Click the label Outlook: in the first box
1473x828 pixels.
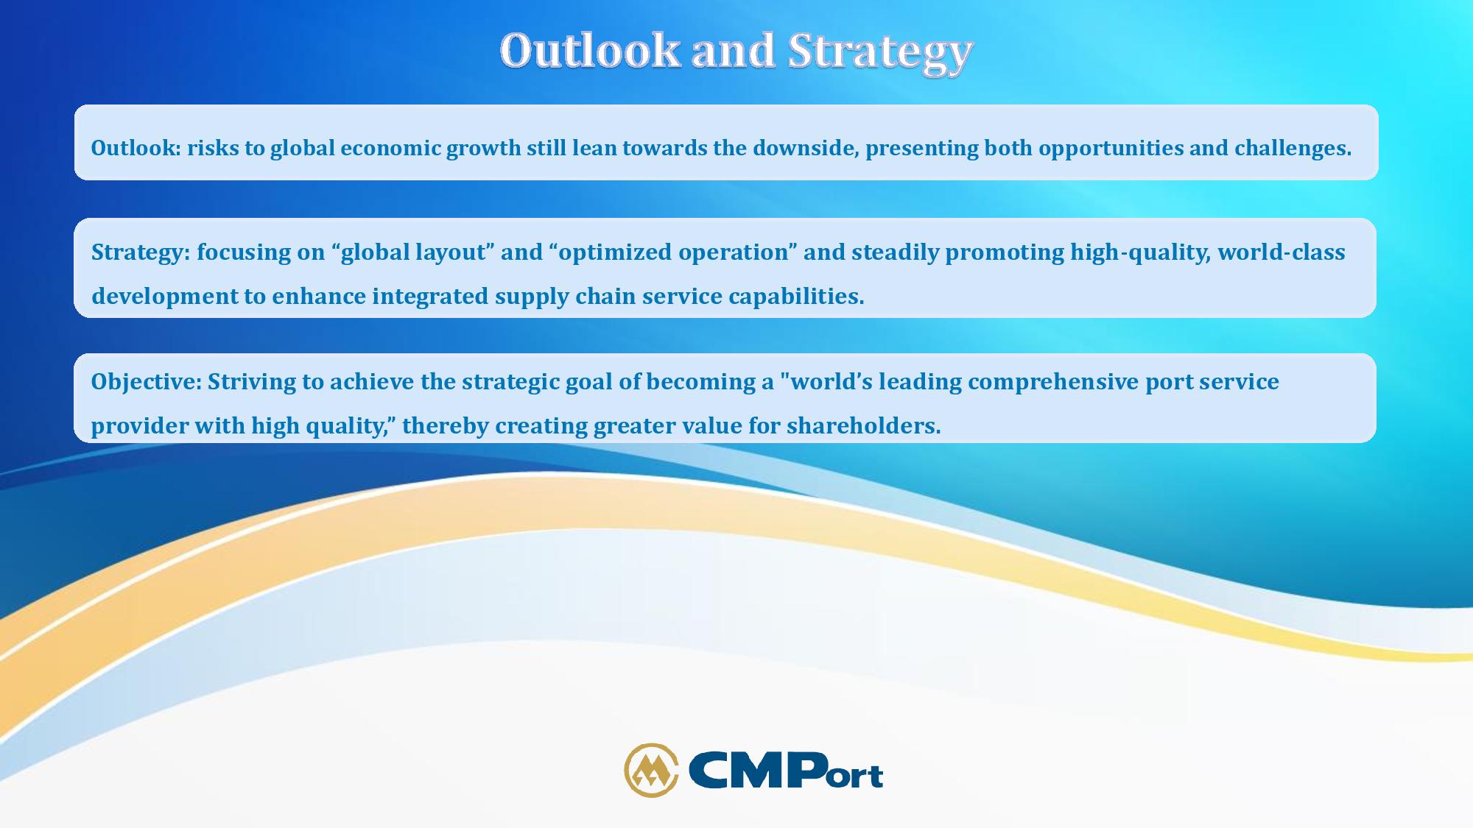click(x=136, y=148)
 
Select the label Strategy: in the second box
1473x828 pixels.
click(x=141, y=252)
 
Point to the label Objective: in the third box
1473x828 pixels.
click(x=146, y=382)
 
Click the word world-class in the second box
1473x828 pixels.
click(x=1282, y=252)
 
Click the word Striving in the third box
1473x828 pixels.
click(x=251, y=382)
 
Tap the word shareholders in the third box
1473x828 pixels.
click(x=863, y=425)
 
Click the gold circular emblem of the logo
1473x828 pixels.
click(x=651, y=770)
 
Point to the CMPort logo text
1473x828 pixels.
click(x=785, y=771)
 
